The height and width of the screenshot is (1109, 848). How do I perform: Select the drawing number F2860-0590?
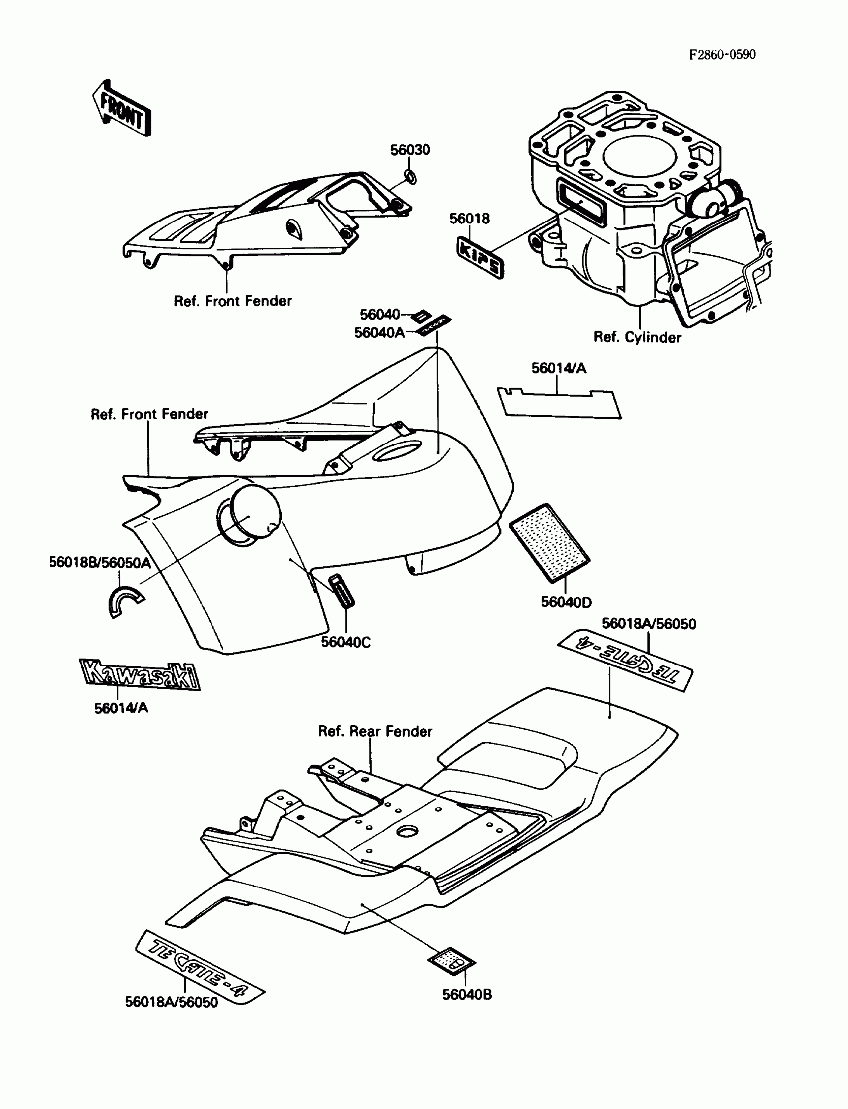tap(722, 55)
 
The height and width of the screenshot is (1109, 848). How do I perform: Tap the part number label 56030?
tap(410, 150)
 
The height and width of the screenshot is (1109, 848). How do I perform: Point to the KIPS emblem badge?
tap(480, 258)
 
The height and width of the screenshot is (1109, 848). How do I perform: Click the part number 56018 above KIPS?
tap(469, 219)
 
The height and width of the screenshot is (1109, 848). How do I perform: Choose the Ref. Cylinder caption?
tap(637, 337)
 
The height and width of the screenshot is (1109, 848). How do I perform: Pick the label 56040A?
tap(379, 333)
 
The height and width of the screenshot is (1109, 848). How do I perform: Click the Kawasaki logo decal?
tap(140, 674)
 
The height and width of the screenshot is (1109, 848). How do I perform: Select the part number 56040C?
tap(346, 642)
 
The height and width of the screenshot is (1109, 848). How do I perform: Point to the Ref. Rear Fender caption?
tap(375, 731)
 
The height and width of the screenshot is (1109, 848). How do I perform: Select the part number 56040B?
tap(467, 995)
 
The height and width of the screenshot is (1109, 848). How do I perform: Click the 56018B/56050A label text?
tap(99, 563)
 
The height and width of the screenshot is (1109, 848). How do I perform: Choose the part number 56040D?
tap(566, 602)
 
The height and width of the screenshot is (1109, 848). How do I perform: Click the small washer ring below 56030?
tap(411, 178)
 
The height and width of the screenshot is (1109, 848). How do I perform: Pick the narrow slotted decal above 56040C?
tap(342, 590)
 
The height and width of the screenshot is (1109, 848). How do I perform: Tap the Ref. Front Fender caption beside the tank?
tap(149, 414)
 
